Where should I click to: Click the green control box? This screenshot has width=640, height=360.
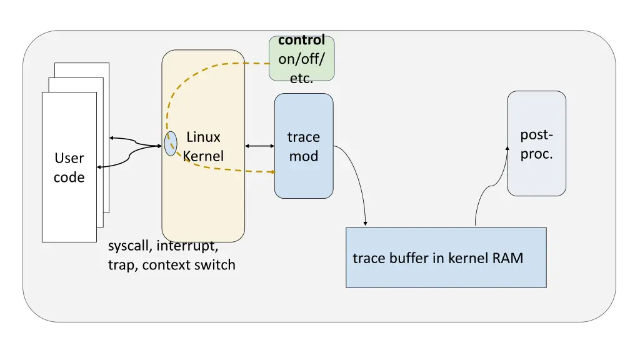click(x=302, y=58)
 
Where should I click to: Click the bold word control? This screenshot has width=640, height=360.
click(x=302, y=40)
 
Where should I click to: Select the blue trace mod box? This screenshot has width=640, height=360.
click(x=304, y=146)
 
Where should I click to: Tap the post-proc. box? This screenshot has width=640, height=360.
click(x=536, y=143)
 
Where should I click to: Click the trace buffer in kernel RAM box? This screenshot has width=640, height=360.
click(x=446, y=257)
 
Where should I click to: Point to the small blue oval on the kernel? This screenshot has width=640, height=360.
click(x=171, y=144)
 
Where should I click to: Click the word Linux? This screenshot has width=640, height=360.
click(x=203, y=137)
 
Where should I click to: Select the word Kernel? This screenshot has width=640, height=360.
click(x=203, y=156)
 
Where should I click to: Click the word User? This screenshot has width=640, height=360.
click(x=69, y=158)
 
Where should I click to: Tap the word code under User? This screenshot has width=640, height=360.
click(x=69, y=177)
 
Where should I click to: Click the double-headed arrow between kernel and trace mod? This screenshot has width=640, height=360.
click(x=259, y=146)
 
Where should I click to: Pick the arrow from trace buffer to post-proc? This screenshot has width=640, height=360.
click(x=490, y=186)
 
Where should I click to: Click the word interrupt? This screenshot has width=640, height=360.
click(x=187, y=246)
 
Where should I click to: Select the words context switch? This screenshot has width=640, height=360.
click(x=189, y=265)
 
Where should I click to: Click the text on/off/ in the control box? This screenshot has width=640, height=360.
click(x=302, y=59)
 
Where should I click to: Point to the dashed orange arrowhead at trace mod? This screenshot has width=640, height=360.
click(x=272, y=172)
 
